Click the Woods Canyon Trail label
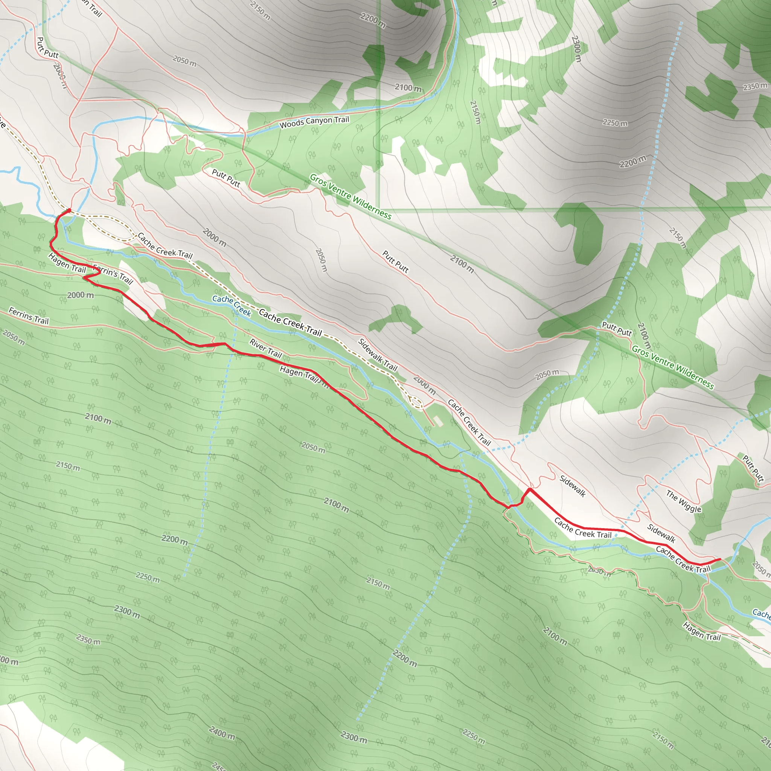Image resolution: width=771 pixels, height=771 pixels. point(314,122)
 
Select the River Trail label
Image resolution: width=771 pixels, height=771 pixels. point(266,348)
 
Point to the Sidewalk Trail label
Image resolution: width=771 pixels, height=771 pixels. point(378,355)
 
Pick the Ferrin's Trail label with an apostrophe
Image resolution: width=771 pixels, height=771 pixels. point(113,274)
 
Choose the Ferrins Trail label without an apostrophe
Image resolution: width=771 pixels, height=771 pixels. point(29,315)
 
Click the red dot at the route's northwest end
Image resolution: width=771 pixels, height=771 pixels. point(69,210)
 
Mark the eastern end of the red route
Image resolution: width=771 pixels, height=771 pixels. point(720,559)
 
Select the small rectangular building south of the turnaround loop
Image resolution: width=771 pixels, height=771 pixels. point(438,421)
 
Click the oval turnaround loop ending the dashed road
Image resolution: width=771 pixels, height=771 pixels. point(416,403)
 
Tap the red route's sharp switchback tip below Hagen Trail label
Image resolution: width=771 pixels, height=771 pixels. point(85,278)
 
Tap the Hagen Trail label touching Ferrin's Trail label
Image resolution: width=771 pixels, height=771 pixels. point(67,264)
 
